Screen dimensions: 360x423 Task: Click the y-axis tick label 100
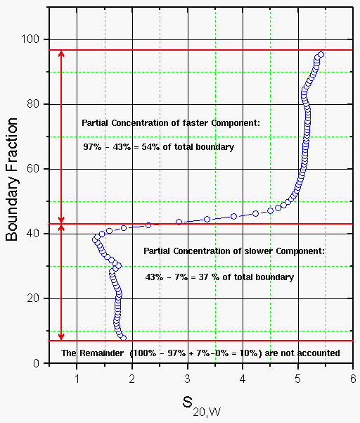[x=30, y=39]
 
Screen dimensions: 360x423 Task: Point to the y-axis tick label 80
[x=33, y=104]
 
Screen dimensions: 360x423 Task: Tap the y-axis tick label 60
[x=33, y=169]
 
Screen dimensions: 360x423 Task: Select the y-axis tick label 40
[x=33, y=234]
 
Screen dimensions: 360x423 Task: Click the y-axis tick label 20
[x=33, y=298]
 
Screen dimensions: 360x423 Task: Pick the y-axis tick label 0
[x=37, y=363]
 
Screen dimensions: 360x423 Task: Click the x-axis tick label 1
[x=77, y=379]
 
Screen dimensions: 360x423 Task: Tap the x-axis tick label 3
[x=188, y=379]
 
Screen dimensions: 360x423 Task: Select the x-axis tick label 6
[x=353, y=379]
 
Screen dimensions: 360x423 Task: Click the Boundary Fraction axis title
[x=11, y=179]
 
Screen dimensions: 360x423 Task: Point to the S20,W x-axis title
[x=202, y=406]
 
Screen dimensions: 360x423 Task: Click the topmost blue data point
[x=321, y=55]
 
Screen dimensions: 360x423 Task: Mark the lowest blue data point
[x=124, y=338]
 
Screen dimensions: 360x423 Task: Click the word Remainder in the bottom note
[x=101, y=353]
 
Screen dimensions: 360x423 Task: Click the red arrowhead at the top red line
[x=61, y=53]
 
